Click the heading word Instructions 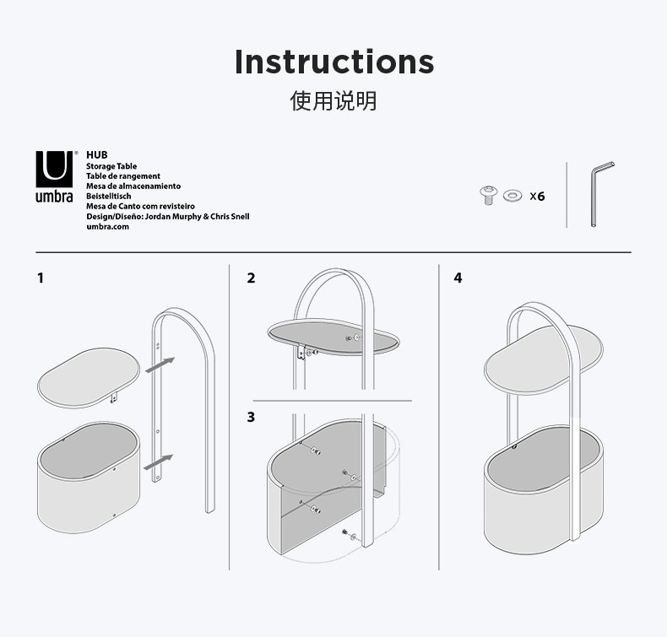click(x=333, y=62)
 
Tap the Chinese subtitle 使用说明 click(x=333, y=102)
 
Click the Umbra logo click(x=54, y=177)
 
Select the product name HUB click(x=97, y=155)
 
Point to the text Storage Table click(x=111, y=166)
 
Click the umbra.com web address click(x=107, y=226)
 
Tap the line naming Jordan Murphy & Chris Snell click(x=168, y=216)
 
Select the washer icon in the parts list click(x=512, y=197)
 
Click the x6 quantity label click(x=537, y=197)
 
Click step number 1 click(x=41, y=278)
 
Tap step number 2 click(x=251, y=278)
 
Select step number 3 click(x=251, y=417)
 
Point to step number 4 click(x=458, y=278)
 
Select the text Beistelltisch click(x=108, y=196)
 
